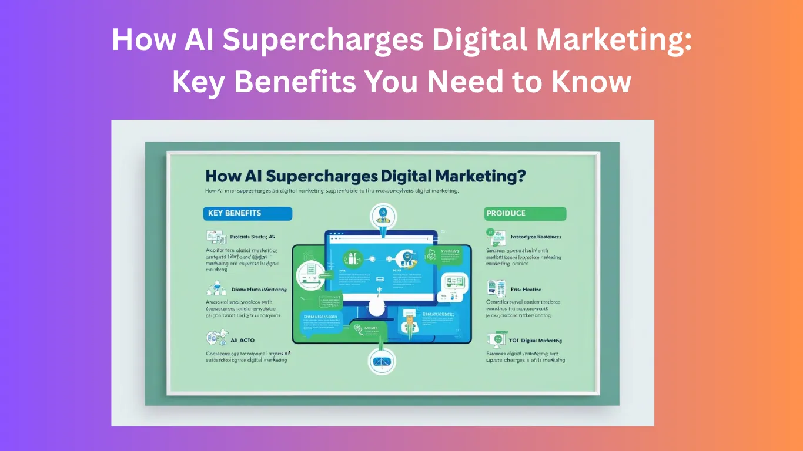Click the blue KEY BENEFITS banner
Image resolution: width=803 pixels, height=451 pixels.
pos(247,213)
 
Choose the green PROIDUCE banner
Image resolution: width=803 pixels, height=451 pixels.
pos(525,213)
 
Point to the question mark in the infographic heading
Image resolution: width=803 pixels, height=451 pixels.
pos(520,176)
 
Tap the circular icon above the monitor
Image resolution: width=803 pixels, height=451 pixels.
pos(383,216)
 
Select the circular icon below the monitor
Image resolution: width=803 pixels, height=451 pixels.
pos(383,361)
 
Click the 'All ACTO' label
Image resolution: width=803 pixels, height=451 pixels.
pos(243,341)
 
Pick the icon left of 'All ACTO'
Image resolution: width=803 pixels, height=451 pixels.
pos(213,338)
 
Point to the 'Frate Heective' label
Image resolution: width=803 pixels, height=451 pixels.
pos(526,290)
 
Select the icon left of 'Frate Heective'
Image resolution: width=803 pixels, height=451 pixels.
pos(494,288)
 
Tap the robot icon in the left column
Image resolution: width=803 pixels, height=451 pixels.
pos(215,288)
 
